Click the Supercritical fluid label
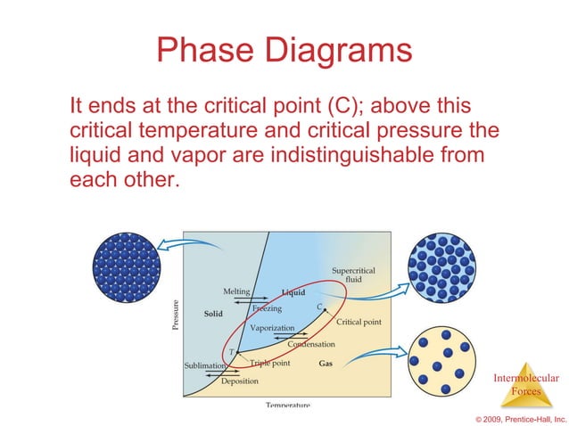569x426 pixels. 353,274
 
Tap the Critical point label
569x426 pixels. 359,322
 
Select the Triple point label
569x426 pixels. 269,364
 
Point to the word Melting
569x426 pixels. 236,291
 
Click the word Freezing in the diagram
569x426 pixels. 267,309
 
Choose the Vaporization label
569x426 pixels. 272,328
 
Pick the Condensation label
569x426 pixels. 311,344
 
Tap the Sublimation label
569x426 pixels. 205,365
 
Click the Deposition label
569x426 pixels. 240,381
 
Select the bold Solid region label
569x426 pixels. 213,314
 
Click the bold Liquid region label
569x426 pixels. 293,292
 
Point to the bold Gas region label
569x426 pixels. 326,364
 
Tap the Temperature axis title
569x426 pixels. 288,405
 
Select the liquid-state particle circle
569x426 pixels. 441,266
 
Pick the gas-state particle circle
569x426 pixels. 441,361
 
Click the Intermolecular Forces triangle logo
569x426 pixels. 525,385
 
